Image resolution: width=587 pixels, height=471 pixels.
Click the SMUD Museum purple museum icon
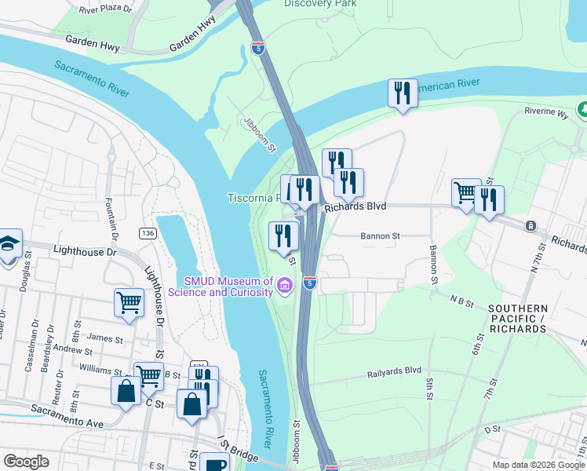tap(285, 284)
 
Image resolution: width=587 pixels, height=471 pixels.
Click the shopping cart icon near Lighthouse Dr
tap(129, 303)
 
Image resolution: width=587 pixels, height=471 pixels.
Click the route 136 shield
tap(147, 233)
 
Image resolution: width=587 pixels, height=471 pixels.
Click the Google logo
tap(26, 462)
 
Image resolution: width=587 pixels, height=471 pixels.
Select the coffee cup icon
tap(213, 463)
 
